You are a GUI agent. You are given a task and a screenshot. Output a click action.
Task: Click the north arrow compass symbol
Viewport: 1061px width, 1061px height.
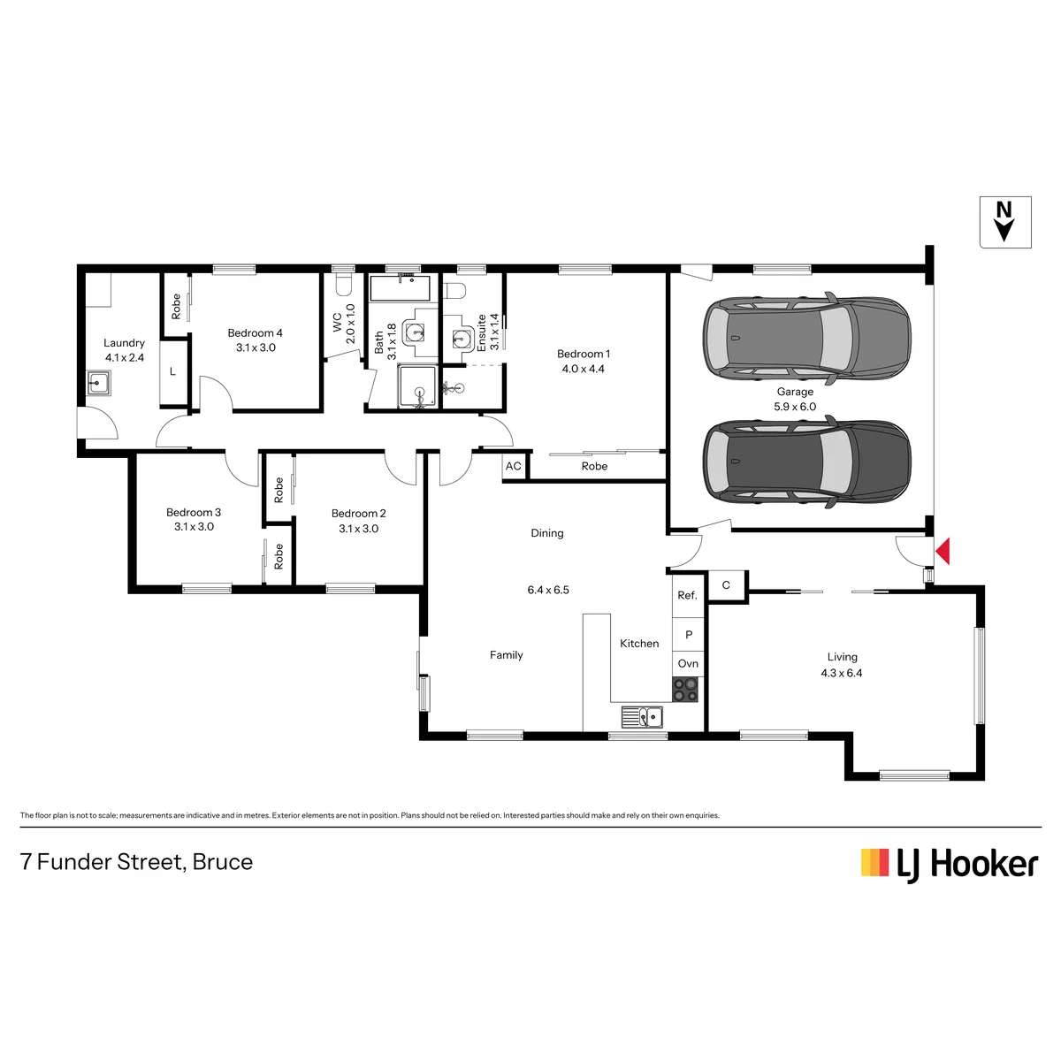pos(1004,222)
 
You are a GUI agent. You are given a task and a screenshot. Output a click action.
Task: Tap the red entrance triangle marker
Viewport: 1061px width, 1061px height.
pos(943,551)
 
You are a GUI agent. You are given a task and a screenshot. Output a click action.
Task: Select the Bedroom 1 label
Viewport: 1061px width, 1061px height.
pos(583,354)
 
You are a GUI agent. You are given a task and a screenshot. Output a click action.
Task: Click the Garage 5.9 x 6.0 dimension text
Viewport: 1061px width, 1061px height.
pos(795,407)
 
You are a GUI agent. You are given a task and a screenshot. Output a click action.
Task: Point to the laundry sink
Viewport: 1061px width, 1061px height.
pos(99,382)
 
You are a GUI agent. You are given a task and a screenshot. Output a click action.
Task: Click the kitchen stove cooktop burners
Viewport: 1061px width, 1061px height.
pos(685,690)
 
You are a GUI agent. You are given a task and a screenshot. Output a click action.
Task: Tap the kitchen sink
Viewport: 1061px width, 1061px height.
pos(642,717)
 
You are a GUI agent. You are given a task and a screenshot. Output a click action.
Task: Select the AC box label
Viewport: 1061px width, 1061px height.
pos(513,466)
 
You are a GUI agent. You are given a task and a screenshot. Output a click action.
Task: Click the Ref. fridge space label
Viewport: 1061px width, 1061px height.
pos(687,595)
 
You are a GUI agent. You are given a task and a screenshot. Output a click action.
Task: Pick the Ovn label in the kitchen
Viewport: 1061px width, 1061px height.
pos(688,663)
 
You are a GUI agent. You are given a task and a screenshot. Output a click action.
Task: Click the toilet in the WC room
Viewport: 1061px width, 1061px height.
pos(343,283)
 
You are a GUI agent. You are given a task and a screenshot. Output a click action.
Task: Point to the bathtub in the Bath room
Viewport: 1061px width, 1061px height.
pos(401,288)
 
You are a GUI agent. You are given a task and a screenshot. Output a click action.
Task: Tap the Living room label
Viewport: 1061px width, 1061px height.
pos(842,657)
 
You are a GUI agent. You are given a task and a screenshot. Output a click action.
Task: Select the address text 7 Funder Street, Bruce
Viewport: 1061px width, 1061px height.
pos(136,862)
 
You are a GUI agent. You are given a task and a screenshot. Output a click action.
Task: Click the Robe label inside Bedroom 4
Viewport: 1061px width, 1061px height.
pos(176,307)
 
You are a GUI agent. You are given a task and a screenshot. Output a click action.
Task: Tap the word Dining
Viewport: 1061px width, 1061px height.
pos(547,533)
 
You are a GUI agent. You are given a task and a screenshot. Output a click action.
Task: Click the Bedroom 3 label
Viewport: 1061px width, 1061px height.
pos(194,513)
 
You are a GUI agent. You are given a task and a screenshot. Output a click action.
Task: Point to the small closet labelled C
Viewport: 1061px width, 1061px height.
pos(726,585)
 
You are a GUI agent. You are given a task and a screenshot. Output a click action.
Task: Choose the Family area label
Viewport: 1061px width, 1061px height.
pos(507,655)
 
